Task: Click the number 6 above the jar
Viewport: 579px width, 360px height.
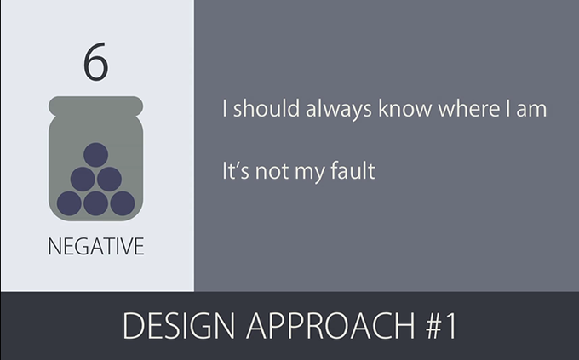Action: (x=95, y=61)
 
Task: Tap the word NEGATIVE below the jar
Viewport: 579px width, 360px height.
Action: (x=96, y=246)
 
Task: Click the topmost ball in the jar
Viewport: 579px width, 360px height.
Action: (x=95, y=155)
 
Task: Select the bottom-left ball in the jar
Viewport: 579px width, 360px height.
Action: (x=69, y=203)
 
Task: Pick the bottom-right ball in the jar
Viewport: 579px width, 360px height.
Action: (x=123, y=203)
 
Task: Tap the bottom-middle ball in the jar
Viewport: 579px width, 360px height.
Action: (x=95, y=203)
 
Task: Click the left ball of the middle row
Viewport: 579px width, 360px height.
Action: (x=83, y=179)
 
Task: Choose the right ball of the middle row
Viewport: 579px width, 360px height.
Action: (x=109, y=179)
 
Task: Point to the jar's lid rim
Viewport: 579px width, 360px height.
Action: (x=95, y=106)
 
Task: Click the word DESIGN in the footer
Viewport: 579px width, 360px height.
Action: (x=179, y=326)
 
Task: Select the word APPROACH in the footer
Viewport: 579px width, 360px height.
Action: (x=331, y=326)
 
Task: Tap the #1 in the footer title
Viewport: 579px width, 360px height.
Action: (x=442, y=326)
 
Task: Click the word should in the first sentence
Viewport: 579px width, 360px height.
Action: (x=267, y=109)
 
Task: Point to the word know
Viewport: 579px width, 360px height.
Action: (x=404, y=109)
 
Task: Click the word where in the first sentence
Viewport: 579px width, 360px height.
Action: (x=469, y=109)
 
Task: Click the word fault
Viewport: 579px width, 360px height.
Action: (x=353, y=170)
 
